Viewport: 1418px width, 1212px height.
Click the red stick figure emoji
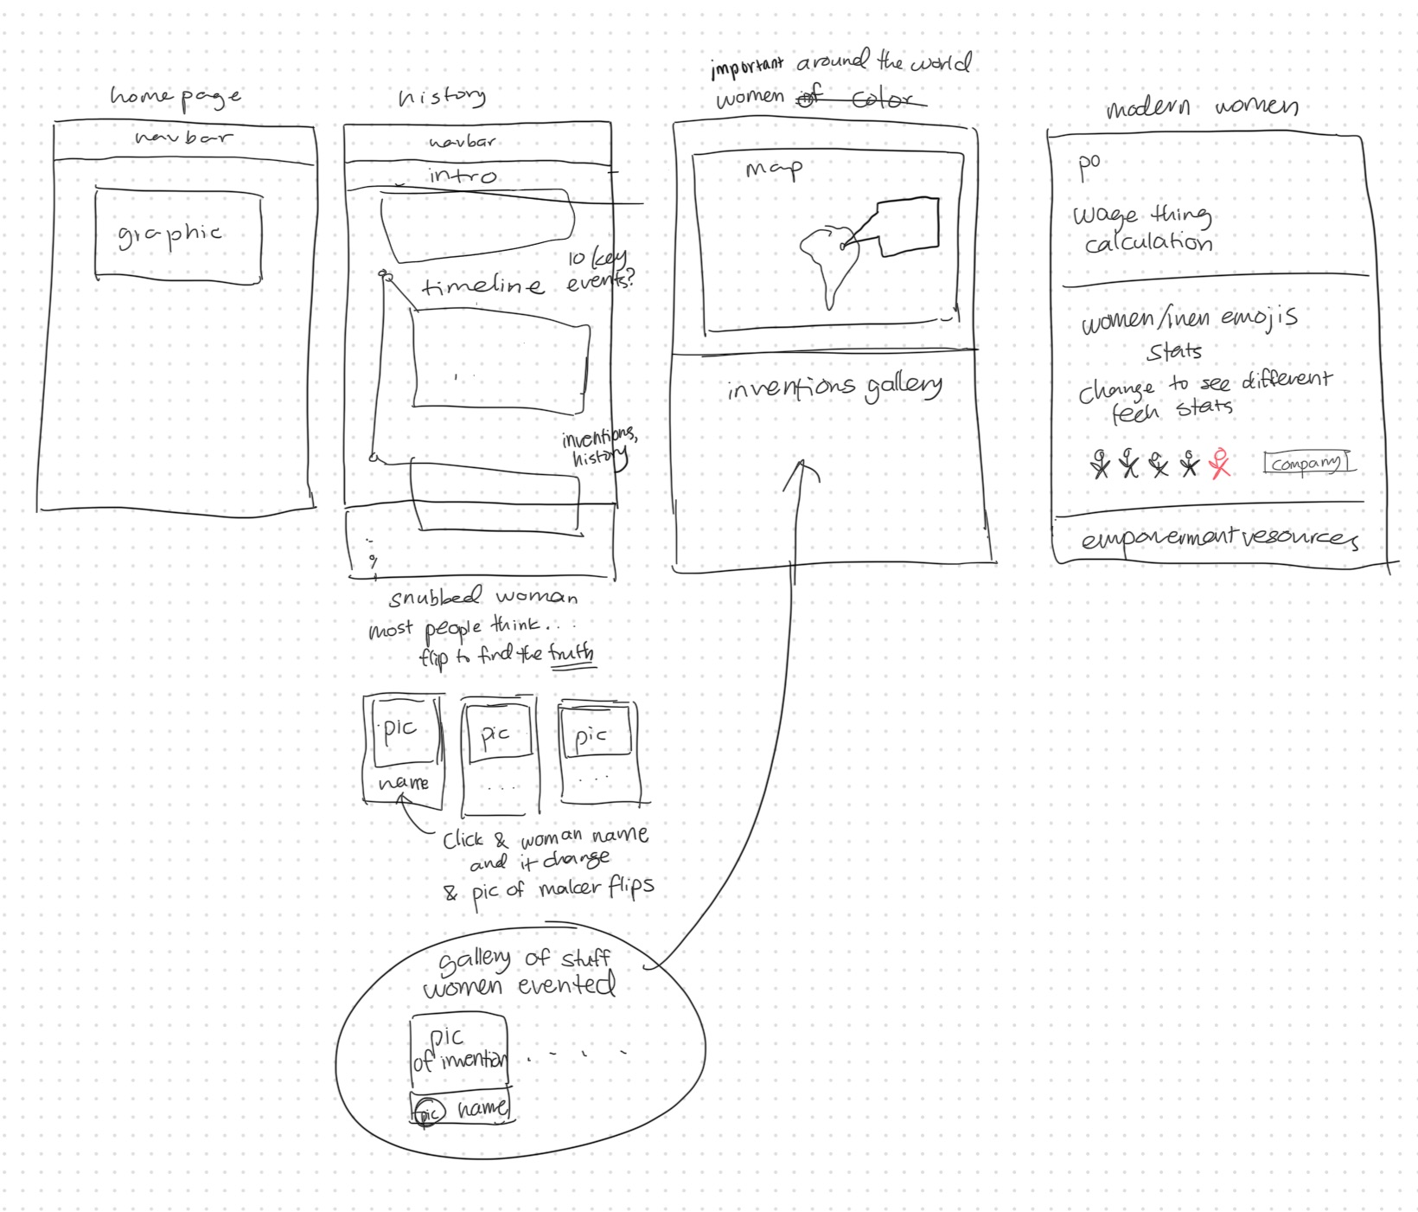tap(1220, 464)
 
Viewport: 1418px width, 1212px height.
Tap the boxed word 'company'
tap(1307, 463)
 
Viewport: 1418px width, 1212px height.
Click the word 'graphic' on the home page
tap(170, 234)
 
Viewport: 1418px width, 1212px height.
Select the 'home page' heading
tap(176, 96)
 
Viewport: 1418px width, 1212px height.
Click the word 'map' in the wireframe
tap(774, 169)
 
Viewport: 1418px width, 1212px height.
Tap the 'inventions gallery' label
tap(834, 388)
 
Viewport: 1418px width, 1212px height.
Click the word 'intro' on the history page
tap(463, 176)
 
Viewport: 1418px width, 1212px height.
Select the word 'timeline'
tap(482, 286)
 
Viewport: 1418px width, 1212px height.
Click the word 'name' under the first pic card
tap(404, 783)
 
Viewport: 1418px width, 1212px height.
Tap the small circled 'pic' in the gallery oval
tap(428, 1113)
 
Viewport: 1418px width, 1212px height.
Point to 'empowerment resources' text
tap(1219, 538)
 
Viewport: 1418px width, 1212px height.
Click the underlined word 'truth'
tap(572, 651)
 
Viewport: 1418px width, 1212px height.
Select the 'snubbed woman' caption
tap(483, 597)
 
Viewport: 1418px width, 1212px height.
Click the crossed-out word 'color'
tap(881, 100)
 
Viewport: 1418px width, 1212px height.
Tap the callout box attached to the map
tap(908, 227)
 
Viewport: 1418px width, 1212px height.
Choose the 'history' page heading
tap(442, 96)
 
